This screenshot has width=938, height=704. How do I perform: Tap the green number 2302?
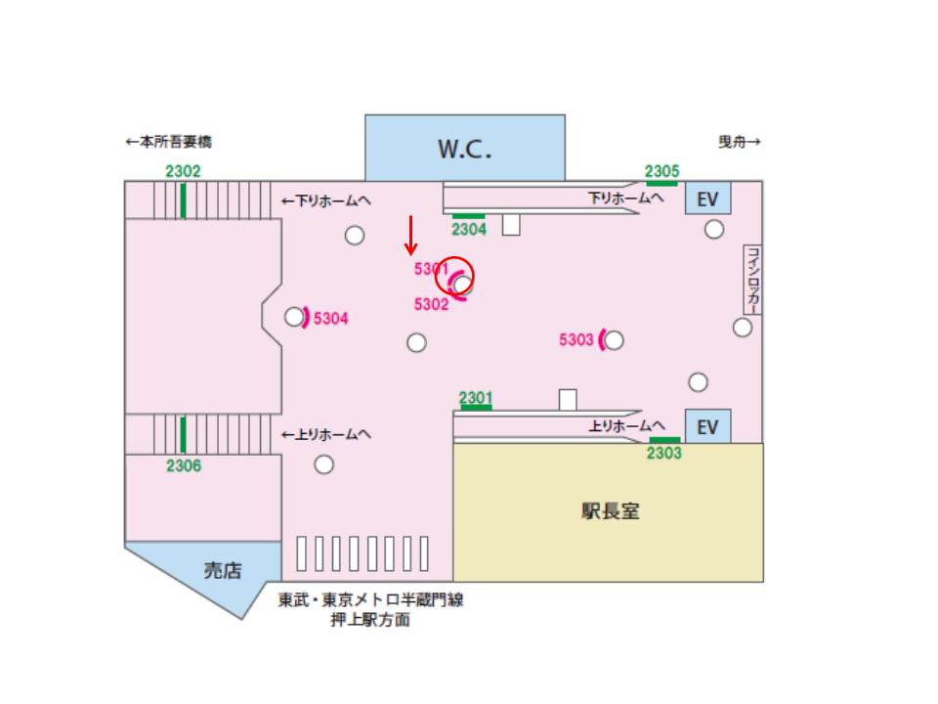183,171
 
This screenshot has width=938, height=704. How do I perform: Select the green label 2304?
469,230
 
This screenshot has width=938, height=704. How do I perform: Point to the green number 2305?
661,171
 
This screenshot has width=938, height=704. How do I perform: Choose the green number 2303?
664,453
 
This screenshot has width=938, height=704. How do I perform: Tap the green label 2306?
183,465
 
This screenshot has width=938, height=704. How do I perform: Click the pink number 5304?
331,319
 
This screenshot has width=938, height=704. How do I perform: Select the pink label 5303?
576,339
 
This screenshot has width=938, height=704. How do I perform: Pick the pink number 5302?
431,304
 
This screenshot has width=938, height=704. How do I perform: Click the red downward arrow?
411,235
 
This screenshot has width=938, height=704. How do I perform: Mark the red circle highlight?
454,278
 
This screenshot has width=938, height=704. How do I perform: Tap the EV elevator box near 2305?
707,199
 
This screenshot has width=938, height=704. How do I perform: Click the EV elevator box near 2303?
707,426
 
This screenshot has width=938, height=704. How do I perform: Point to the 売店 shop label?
222,571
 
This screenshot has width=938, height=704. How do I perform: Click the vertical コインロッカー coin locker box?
752,279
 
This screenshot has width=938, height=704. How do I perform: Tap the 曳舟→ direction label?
740,142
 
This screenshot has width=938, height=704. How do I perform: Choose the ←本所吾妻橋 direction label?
168,142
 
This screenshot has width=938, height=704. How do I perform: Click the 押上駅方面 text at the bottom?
370,620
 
